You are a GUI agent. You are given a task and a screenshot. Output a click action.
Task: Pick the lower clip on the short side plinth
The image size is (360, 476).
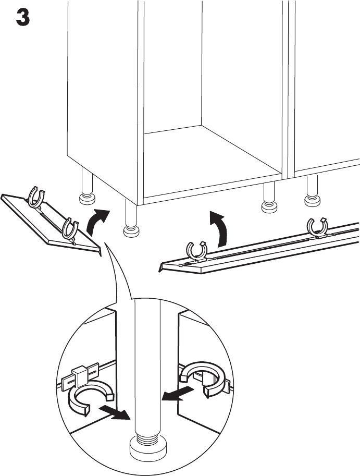(x=70, y=228)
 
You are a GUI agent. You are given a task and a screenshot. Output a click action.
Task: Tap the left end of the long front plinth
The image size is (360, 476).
(x=163, y=267)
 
